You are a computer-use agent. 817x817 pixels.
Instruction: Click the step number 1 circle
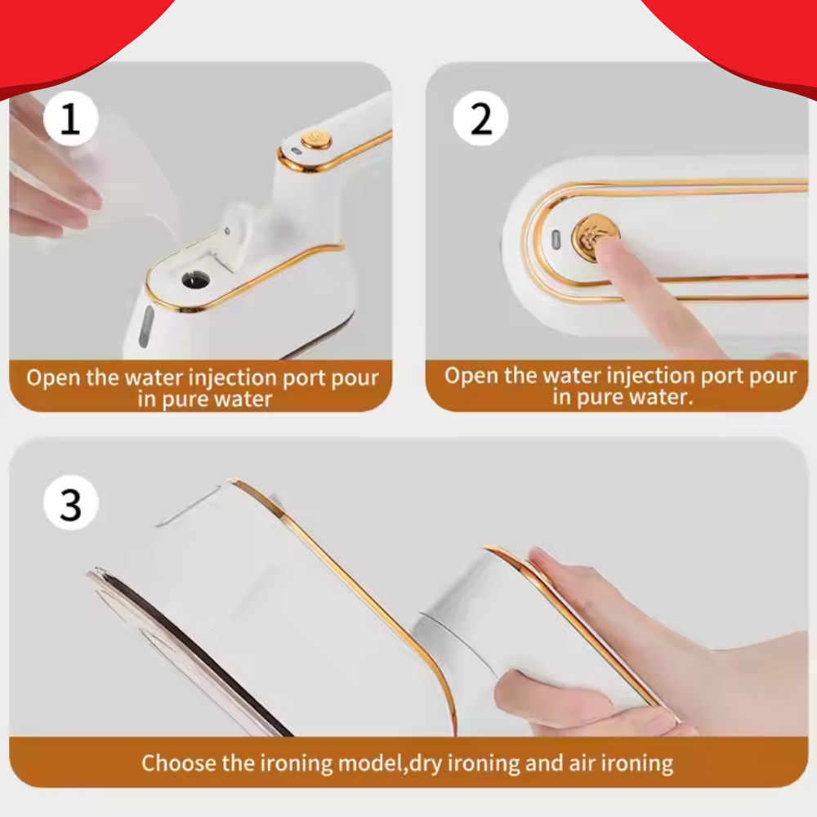click(70, 118)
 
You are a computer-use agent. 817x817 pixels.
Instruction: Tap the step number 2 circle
click(480, 118)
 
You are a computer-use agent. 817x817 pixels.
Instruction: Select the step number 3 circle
click(70, 502)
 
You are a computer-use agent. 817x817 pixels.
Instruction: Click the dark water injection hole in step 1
click(196, 279)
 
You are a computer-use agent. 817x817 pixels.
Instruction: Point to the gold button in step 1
click(316, 139)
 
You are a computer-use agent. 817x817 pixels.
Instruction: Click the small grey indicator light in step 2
click(556, 239)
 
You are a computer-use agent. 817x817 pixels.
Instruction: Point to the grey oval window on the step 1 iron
click(146, 327)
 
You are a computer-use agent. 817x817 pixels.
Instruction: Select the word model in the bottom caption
click(370, 763)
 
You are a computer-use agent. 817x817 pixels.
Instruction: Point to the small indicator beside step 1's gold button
click(296, 151)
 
